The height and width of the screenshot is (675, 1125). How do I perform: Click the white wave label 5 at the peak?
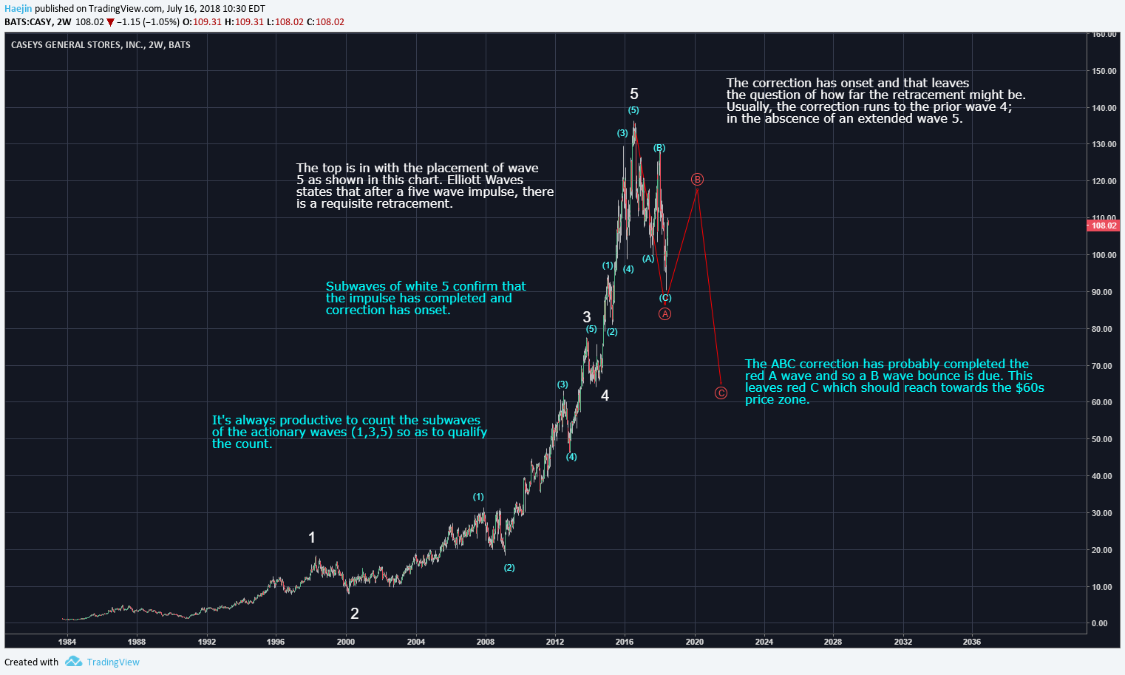tap(633, 94)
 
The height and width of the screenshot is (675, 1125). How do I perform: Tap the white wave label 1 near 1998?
tap(312, 537)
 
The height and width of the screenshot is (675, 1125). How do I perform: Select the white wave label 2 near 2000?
tap(355, 613)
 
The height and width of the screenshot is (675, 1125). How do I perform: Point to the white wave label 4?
tap(605, 396)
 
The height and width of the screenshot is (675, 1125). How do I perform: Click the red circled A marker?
tap(665, 314)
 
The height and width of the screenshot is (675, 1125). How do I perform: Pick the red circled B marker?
tap(697, 180)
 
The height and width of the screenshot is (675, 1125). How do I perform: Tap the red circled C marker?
tap(721, 393)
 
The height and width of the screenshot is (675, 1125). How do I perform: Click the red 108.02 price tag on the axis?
tap(1104, 225)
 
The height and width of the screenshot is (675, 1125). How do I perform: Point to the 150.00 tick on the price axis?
tap(1104, 71)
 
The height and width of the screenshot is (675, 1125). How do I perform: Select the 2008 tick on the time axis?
tap(486, 642)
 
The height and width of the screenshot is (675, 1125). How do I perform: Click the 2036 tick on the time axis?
tap(971, 642)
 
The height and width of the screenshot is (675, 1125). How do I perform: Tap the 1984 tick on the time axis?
tap(67, 642)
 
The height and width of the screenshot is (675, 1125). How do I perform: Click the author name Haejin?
tap(18, 9)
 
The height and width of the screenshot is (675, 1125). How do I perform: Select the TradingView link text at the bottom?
tap(113, 662)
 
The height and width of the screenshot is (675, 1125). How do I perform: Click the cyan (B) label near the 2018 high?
tap(659, 148)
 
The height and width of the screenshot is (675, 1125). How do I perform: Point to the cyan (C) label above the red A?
tap(665, 298)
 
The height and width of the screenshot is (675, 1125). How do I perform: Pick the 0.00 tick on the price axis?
tap(1100, 623)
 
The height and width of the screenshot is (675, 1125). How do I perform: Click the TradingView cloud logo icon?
tap(73, 662)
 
